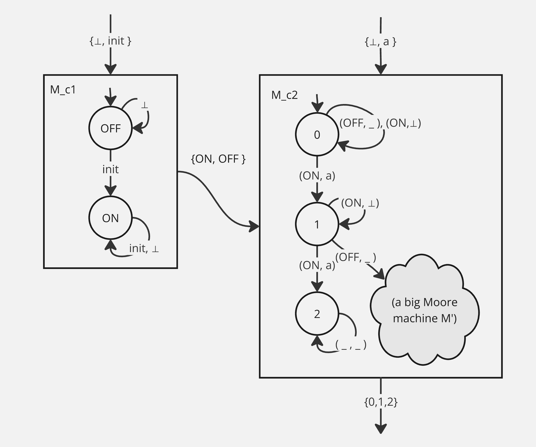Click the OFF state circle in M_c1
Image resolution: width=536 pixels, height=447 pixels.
[110, 128]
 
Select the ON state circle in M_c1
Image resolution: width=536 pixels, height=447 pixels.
[110, 218]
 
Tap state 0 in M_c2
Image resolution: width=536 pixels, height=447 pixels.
[317, 134]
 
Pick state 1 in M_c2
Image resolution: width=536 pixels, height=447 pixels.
[317, 224]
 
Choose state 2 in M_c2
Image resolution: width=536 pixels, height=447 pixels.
[317, 314]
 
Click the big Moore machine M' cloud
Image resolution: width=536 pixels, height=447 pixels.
[424, 310]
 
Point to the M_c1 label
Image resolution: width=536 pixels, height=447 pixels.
[63, 90]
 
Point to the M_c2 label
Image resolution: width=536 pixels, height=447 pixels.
[284, 95]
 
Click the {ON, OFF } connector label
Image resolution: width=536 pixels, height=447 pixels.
[218, 159]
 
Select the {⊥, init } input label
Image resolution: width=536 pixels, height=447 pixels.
[110, 41]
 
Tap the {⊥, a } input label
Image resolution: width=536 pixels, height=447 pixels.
[380, 41]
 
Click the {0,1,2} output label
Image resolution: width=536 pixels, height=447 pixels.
[381, 402]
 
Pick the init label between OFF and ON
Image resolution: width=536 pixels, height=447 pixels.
[110, 169]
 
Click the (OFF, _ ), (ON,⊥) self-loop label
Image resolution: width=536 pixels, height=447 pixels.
[380, 123]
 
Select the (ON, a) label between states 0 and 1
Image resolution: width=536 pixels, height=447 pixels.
[317, 176]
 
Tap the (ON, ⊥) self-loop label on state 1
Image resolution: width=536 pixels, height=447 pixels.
[360, 203]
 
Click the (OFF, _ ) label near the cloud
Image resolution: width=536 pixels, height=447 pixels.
[355, 257]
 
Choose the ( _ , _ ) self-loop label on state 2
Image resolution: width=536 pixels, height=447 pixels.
[351, 345]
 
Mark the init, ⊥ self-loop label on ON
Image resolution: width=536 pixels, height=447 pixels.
[144, 248]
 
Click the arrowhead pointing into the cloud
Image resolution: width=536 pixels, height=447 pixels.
[380, 275]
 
